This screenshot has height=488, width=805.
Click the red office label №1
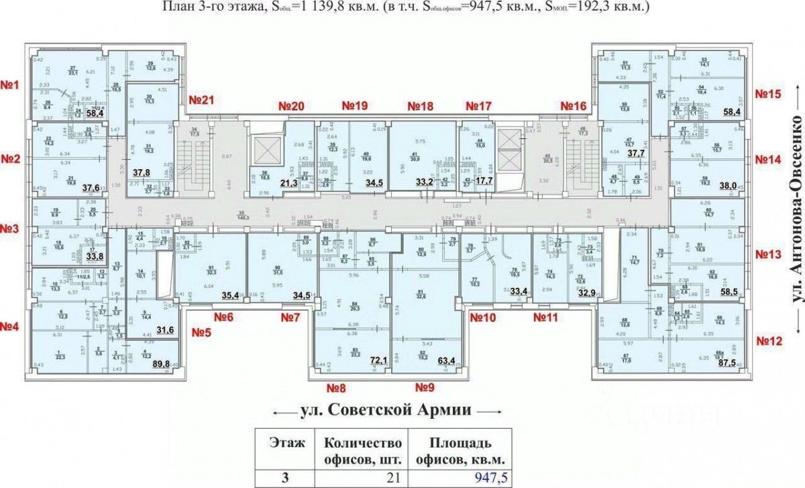coord(12,85)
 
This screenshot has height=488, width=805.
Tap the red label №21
coord(200,101)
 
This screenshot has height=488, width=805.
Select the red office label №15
coord(767,95)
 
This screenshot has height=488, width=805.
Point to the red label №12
coord(768,342)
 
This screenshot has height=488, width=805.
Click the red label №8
coord(335,387)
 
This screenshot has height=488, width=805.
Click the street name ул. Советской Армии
coord(385,409)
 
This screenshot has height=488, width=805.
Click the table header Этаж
coord(287,443)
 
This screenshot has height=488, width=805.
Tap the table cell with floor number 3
coord(287,477)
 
